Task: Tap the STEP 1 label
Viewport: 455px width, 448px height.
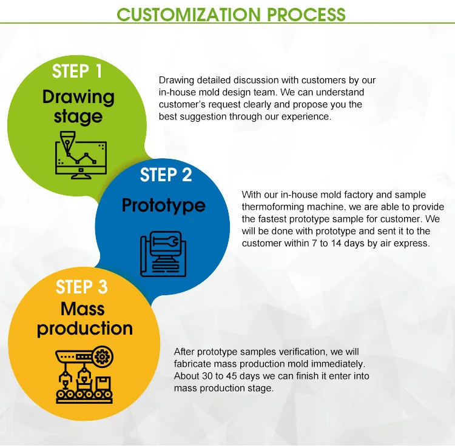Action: [77, 71]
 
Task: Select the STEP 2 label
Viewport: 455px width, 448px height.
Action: [166, 175]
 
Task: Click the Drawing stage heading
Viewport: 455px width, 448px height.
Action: [78, 106]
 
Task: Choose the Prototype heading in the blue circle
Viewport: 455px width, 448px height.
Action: [163, 206]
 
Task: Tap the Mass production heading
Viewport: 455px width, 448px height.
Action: [84, 318]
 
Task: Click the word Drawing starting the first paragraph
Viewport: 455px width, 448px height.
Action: [176, 80]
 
